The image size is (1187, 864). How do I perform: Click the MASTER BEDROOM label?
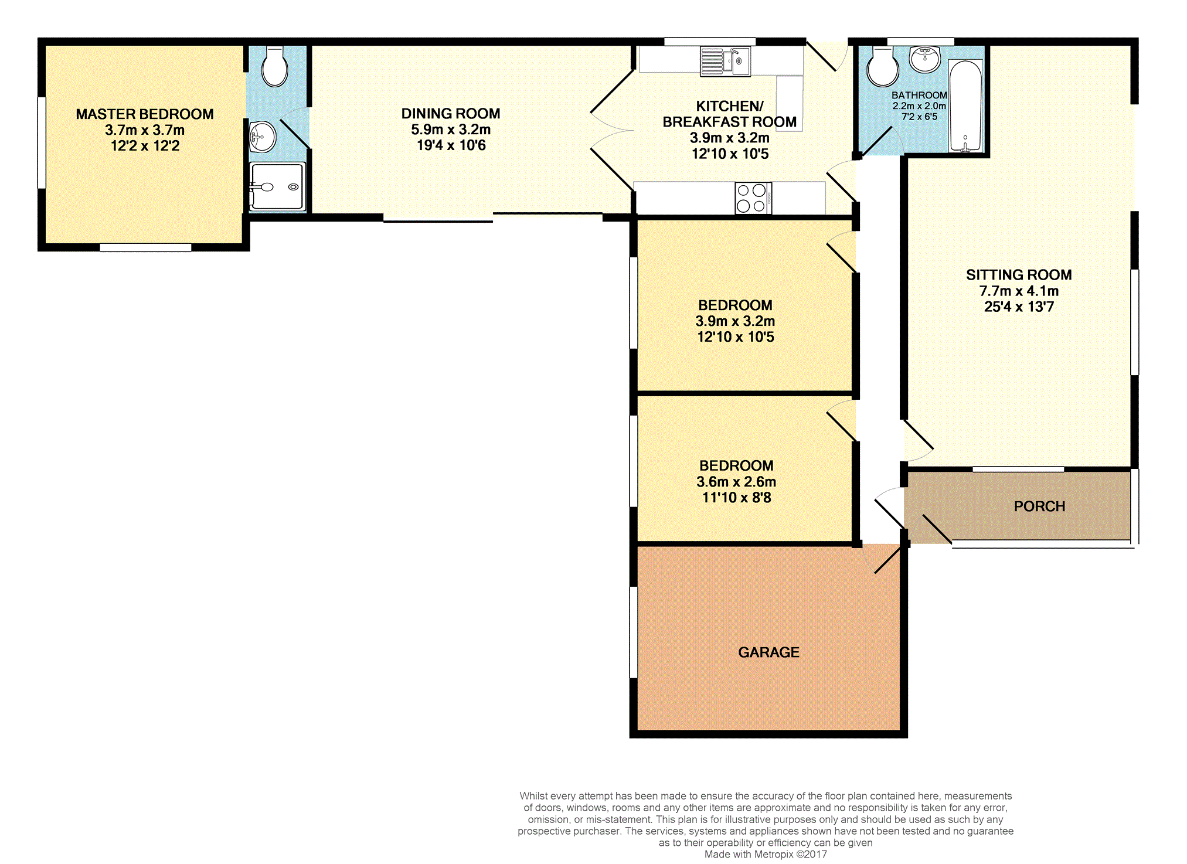click(145, 114)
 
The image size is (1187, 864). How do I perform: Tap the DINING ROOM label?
click(451, 113)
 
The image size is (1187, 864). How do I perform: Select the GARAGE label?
click(768, 652)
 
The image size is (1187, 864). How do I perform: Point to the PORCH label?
click(1039, 506)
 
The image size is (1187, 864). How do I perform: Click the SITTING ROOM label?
click(1019, 274)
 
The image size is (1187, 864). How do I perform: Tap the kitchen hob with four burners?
click(753, 198)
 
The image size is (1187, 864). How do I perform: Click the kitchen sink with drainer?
click(725, 62)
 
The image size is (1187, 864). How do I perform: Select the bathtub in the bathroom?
click(965, 106)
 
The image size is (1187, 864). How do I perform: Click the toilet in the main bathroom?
click(883, 67)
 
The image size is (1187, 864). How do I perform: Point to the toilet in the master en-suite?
click(274, 66)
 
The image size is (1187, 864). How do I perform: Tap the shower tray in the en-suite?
click(277, 186)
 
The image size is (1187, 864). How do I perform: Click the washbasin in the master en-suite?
click(262, 137)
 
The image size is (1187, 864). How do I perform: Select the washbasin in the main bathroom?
click(924, 59)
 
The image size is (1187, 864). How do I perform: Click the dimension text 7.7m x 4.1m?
click(1019, 291)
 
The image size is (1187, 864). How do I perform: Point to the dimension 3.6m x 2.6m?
click(736, 482)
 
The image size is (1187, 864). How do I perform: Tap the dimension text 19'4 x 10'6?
click(451, 145)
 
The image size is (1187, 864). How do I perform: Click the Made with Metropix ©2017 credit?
click(766, 854)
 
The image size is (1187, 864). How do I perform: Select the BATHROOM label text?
click(919, 95)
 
